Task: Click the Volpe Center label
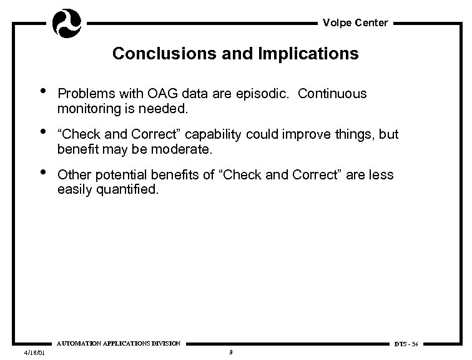(355, 23)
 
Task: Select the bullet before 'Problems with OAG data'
(42, 92)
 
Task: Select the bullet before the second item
(42, 133)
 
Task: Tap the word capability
(217, 134)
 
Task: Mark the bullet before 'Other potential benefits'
(42, 173)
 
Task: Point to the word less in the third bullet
(381, 175)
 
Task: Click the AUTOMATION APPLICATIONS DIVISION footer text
(119, 343)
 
